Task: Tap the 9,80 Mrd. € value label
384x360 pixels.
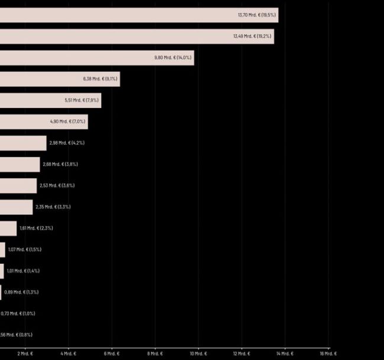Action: (173, 58)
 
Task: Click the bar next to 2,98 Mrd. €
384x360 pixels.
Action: (23, 143)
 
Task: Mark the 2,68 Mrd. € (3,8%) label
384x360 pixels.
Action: (60, 164)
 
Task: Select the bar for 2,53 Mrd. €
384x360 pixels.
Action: (18, 185)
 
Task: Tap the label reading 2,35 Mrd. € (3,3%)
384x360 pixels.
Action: (53, 207)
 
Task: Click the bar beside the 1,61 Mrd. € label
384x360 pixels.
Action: (8, 228)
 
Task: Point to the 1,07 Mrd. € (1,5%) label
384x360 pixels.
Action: (25, 250)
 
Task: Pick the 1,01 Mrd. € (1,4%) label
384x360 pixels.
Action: (23, 271)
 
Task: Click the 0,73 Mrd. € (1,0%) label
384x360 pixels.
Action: (18, 313)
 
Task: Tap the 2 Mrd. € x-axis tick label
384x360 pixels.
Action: (25, 354)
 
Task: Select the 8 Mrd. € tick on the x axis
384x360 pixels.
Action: (155, 354)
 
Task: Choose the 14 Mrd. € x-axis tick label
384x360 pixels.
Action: (285, 354)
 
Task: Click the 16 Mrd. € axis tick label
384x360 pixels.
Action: (328, 354)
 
